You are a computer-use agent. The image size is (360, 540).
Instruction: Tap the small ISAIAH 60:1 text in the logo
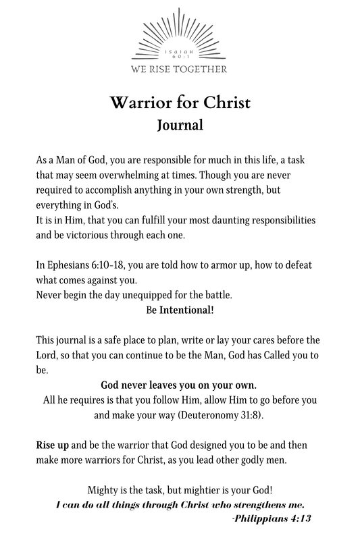pyautogui.click(x=180, y=53)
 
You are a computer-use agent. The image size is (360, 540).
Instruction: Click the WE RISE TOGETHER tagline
pyautogui.click(x=180, y=68)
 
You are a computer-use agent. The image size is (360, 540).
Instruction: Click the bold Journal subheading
pyautogui.click(x=180, y=124)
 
